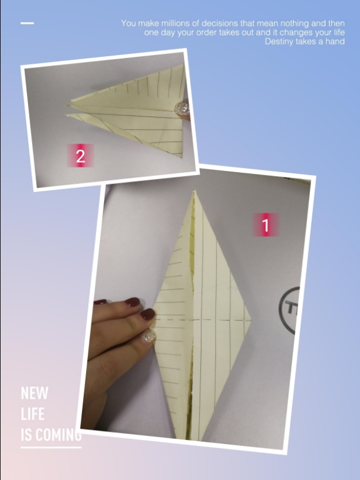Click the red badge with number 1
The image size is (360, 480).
click(x=265, y=225)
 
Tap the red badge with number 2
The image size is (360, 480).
click(x=80, y=155)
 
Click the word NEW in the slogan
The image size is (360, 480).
click(x=34, y=393)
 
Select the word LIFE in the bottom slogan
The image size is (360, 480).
click(x=33, y=414)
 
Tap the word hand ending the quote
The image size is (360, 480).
click(x=336, y=41)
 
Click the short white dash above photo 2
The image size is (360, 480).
click(x=27, y=23)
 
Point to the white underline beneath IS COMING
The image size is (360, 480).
click(x=51, y=447)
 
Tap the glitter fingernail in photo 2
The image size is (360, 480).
click(x=182, y=109)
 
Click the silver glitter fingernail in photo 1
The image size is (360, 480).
click(x=148, y=336)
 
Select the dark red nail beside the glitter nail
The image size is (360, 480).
click(x=147, y=315)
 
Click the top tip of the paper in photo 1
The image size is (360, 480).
click(x=194, y=190)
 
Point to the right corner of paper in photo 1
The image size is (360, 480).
click(x=251, y=321)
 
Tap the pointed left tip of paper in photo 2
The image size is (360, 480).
click(x=67, y=105)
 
